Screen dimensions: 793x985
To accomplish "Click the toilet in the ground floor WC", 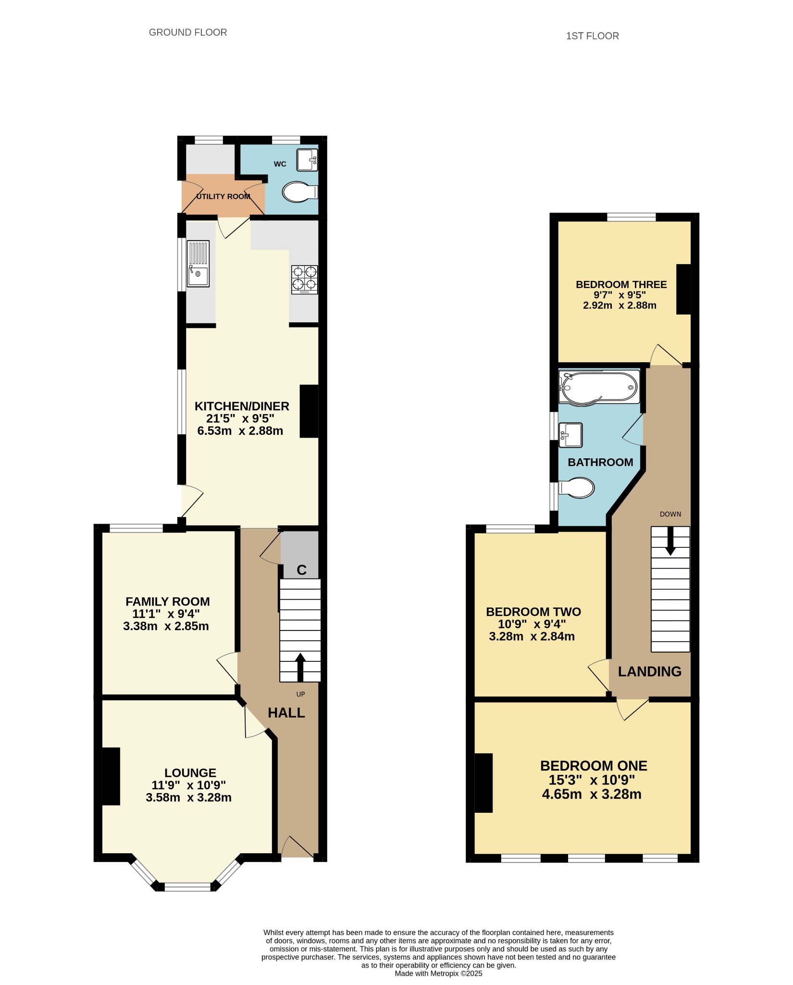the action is pyautogui.click(x=300, y=192).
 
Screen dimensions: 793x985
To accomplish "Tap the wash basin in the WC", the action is pyautogui.click(x=307, y=160).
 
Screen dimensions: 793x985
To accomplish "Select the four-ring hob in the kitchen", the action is pyautogui.click(x=304, y=279).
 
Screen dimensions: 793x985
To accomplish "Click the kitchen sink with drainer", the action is pyautogui.click(x=198, y=264).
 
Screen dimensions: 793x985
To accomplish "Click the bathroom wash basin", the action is pyautogui.click(x=570, y=434).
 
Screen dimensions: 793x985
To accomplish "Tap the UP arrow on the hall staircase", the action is pyautogui.click(x=300, y=667).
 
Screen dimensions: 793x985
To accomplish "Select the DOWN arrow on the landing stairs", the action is pyautogui.click(x=670, y=541).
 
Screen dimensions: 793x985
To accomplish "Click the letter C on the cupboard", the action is pyautogui.click(x=301, y=570).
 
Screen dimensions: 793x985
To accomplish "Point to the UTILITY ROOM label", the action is pyautogui.click(x=223, y=196).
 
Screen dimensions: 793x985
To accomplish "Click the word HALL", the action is pyautogui.click(x=286, y=713).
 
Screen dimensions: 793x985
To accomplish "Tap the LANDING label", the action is pyautogui.click(x=649, y=671).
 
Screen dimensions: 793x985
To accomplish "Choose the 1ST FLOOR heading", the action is pyautogui.click(x=592, y=36).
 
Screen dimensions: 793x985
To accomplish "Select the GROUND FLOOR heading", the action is pyautogui.click(x=188, y=32).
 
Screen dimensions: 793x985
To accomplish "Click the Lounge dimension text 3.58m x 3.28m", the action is pyautogui.click(x=189, y=797).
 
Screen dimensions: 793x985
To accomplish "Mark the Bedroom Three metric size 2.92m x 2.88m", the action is pyautogui.click(x=620, y=305).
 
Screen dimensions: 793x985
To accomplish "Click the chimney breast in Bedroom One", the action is pyautogui.click(x=483, y=783).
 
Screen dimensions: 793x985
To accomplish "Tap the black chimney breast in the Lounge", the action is pyautogui.click(x=111, y=776).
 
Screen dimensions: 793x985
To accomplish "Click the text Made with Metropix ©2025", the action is pyautogui.click(x=438, y=973).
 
